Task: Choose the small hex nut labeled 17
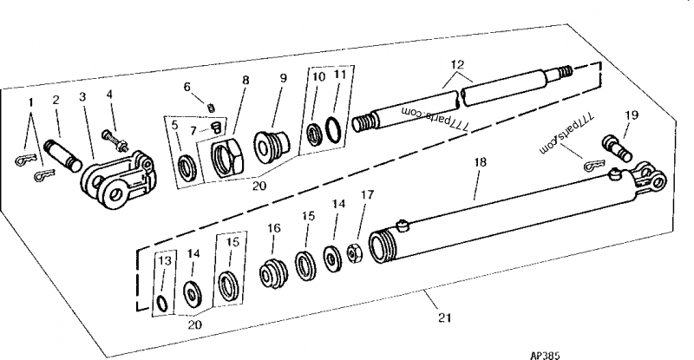pos(354,253)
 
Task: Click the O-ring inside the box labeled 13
pos(164,300)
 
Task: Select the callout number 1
pos(30,102)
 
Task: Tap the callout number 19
pos(632,115)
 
